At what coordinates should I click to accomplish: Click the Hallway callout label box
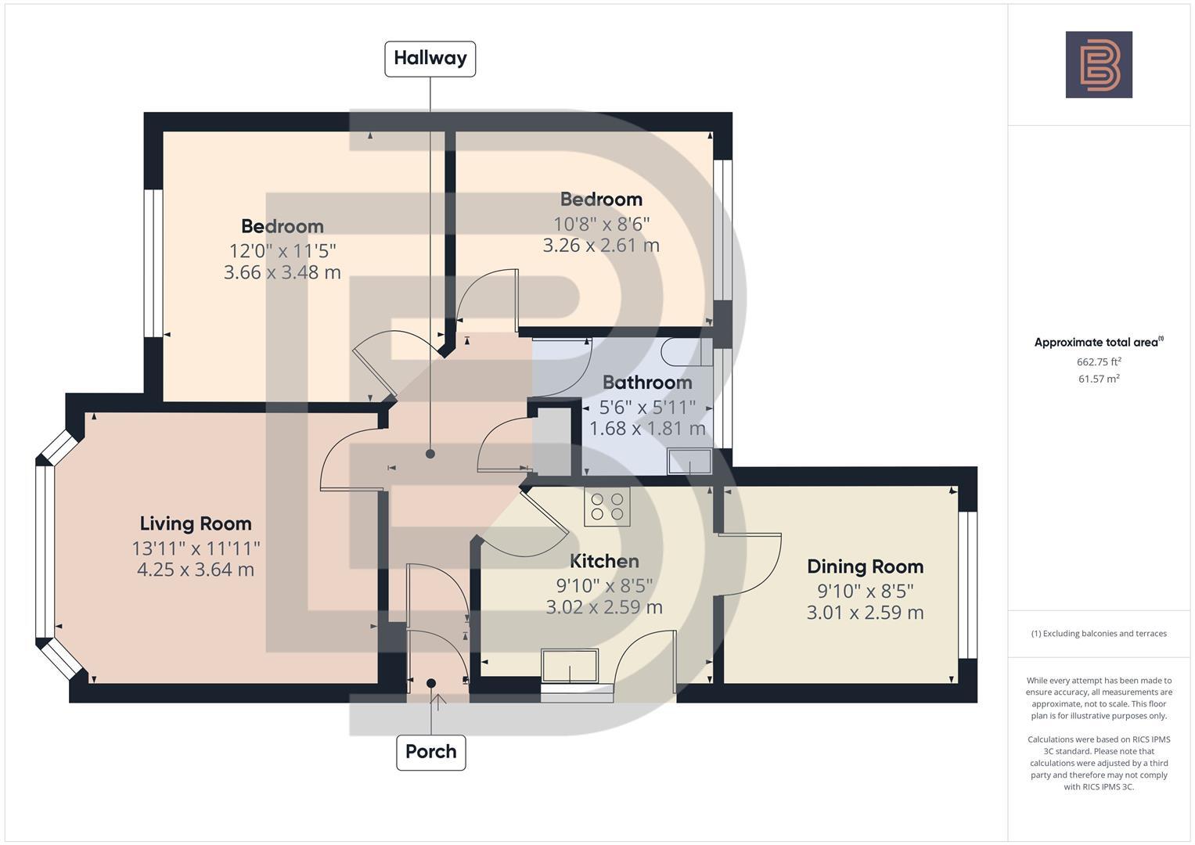pyautogui.click(x=430, y=59)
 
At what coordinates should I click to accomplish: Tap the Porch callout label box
pyautogui.click(x=430, y=752)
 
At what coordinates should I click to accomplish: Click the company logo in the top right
pyautogui.click(x=1098, y=65)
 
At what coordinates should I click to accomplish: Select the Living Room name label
pyautogui.click(x=196, y=523)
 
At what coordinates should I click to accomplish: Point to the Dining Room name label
pyautogui.click(x=865, y=566)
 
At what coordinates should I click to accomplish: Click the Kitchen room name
pyautogui.click(x=604, y=561)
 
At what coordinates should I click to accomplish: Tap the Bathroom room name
pyautogui.click(x=647, y=383)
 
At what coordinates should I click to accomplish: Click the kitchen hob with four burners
pyautogui.click(x=606, y=506)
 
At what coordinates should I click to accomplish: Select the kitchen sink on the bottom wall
pyautogui.click(x=569, y=665)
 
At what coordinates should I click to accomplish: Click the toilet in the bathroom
pyautogui.click(x=686, y=352)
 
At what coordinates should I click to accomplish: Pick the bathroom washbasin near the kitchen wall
pyautogui.click(x=689, y=462)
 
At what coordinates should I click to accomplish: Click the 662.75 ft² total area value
pyautogui.click(x=1099, y=361)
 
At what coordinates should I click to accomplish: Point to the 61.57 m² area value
pyautogui.click(x=1099, y=379)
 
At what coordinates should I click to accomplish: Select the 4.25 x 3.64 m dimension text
pyautogui.click(x=196, y=570)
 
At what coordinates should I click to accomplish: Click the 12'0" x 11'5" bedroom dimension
pyautogui.click(x=283, y=251)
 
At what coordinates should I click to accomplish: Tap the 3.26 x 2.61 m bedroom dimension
pyautogui.click(x=601, y=245)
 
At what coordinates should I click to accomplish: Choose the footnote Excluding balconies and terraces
pyautogui.click(x=1099, y=633)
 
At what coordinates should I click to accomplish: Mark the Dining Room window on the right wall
pyautogui.click(x=968, y=584)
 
